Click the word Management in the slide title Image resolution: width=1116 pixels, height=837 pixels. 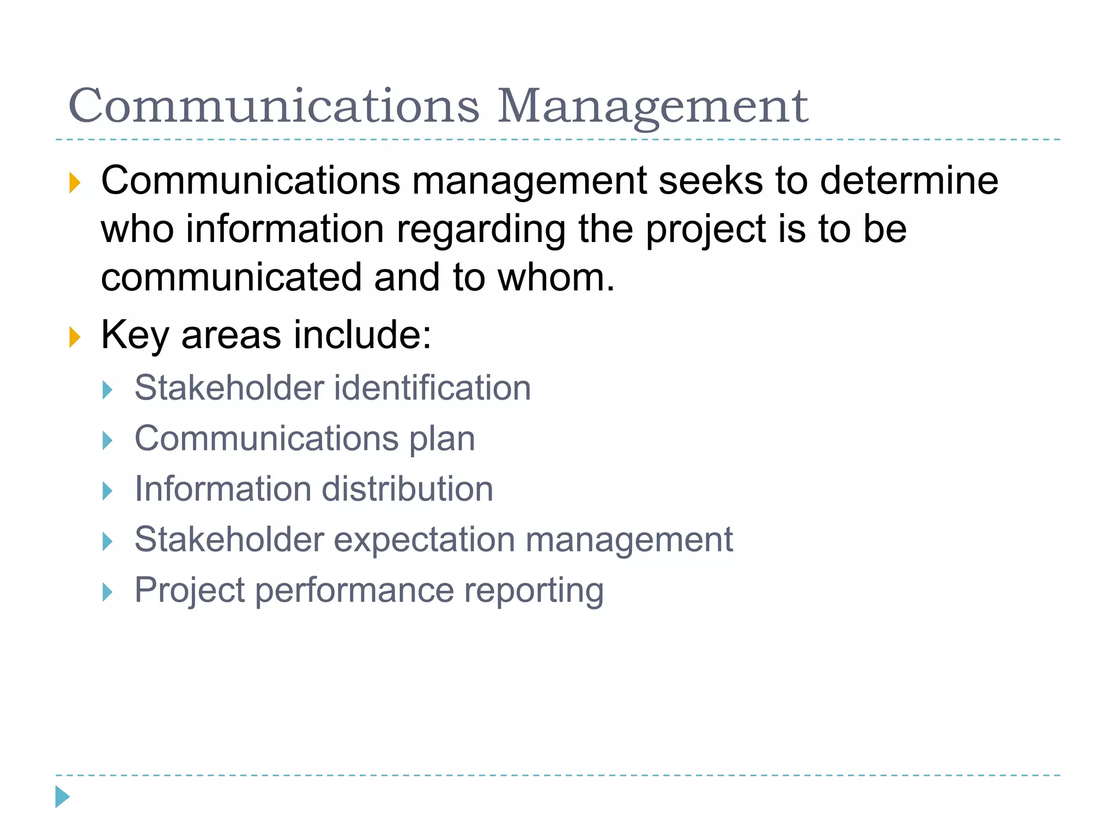point(652,106)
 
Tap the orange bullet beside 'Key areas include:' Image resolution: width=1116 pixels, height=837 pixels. point(75,337)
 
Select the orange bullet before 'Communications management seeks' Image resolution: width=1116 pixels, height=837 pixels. point(75,183)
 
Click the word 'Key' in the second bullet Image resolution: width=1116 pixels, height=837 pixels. point(135,335)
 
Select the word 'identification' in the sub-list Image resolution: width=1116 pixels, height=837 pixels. point(432,388)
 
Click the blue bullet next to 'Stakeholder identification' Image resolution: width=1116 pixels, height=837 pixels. point(108,390)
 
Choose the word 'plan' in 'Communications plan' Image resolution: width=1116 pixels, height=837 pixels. point(442,439)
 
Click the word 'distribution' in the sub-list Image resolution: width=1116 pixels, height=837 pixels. point(408,489)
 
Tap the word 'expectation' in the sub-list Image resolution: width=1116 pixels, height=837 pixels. point(424,540)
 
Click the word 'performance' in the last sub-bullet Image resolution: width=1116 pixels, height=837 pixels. point(354,591)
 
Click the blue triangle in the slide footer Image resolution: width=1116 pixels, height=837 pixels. point(63,797)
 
